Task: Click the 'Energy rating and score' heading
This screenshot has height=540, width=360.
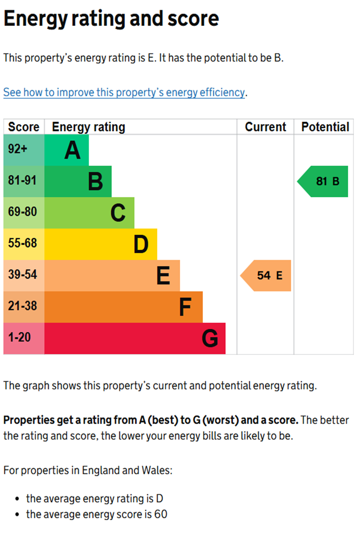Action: click(x=111, y=19)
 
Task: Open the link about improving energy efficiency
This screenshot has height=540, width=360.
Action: click(x=124, y=93)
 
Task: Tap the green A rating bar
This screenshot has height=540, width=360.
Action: click(x=67, y=150)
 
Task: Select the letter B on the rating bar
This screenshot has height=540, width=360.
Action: click(x=95, y=181)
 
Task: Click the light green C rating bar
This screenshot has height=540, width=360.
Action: click(x=89, y=213)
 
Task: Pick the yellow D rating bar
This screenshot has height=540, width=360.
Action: click(x=101, y=244)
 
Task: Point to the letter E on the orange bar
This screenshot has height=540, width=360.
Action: click(x=163, y=276)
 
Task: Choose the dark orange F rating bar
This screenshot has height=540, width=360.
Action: click(x=123, y=307)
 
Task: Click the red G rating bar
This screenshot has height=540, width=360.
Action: click(x=135, y=338)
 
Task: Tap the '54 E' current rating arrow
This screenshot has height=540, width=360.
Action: click(x=267, y=276)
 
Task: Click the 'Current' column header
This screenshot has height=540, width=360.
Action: click(x=265, y=127)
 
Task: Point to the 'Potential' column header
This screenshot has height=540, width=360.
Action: click(x=325, y=127)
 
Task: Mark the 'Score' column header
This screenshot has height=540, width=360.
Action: click(x=24, y=127)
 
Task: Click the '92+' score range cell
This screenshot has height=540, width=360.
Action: click(x=24, y=149)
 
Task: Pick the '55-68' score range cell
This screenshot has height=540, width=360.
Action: click(x=24, y=244)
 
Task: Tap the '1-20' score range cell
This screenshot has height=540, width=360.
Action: click(x=24, y=338)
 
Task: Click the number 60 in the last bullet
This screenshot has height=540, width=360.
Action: click(x=161, y=514)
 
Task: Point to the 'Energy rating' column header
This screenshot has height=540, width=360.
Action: click(x=89, y=127)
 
